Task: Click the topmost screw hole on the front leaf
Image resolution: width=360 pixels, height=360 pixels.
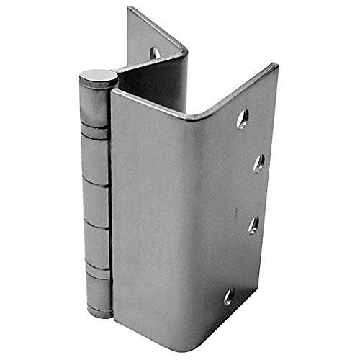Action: (x=243, y=120)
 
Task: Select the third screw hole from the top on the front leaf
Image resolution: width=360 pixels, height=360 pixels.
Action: (x=253, y=225)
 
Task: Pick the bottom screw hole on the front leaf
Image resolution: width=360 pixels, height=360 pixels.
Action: (x=229, y=295)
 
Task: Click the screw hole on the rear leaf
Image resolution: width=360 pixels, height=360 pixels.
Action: (x=155, y=52)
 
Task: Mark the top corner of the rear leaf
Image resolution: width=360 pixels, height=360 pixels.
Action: (x=130, y=9)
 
